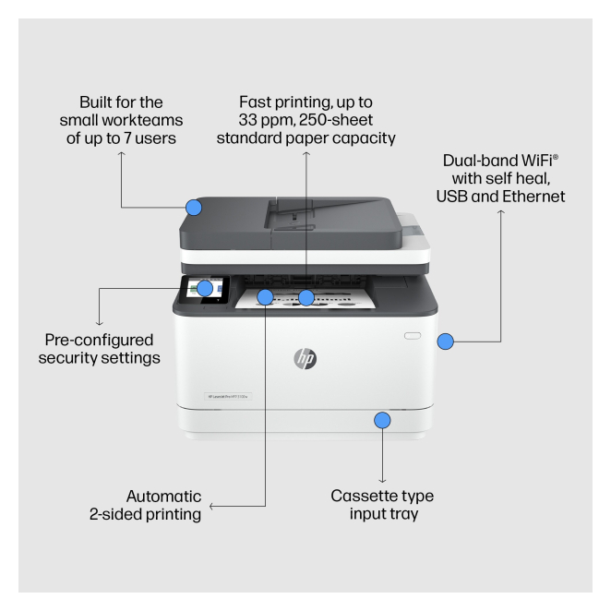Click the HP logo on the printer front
[x=305, y=359]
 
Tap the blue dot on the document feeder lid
[x=194, y=208]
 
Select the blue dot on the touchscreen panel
[x=204, y=288]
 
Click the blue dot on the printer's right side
[x=445, y=342]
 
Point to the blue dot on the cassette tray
[x=382, y=421]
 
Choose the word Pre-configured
[x=99, y=339]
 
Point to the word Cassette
[x=364, y=496]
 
